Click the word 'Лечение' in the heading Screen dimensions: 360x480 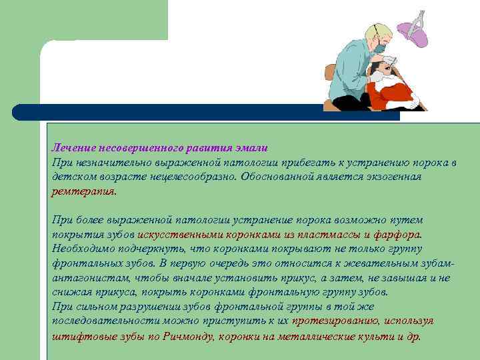(x=73, y=148)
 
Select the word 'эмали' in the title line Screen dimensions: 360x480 (x=253, y=148)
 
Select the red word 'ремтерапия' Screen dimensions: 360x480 (x=83, y=191)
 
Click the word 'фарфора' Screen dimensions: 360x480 (x=397, y=235)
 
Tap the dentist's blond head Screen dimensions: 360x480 (x=375, y=35)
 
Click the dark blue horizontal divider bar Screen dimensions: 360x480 (x=200, y=112)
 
